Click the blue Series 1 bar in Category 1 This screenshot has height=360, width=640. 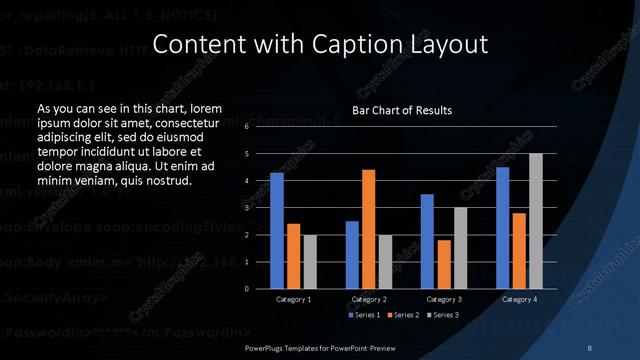[277, 231]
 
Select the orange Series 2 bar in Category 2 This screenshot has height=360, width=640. [368, 229]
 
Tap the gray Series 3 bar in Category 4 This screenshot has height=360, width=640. [535, 221]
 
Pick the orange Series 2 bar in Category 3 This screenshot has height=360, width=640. [444, 264]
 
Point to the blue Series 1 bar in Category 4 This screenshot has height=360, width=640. [503, 228]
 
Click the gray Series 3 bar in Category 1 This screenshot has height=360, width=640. [309, 262]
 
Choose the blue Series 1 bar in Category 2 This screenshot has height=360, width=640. [352, 255]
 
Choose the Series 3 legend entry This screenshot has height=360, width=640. [444, 315]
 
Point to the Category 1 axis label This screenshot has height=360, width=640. [293, 299]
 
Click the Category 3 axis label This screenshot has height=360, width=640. [444, 299]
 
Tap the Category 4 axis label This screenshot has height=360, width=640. [519, 299]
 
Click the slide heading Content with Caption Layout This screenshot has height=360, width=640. [320, 44]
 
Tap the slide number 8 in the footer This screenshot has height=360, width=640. [590, 347]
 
